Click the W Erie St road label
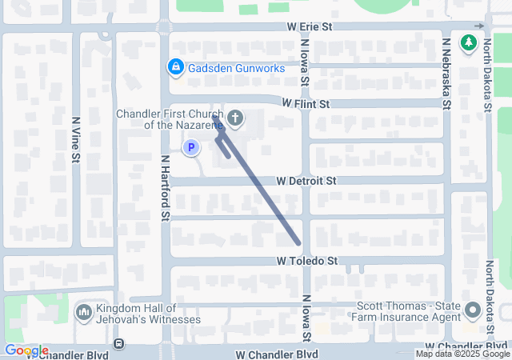[310, 27]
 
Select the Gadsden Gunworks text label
[236, 68]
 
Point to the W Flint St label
[306, 104]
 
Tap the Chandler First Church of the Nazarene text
[170, 119]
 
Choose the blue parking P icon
[191, 147]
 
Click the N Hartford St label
[165, 187]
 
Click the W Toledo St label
[308, 261]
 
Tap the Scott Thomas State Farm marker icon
[472, 310]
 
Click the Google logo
[26, 350]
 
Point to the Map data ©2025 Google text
[462, 354]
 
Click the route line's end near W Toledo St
[298, 242]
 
